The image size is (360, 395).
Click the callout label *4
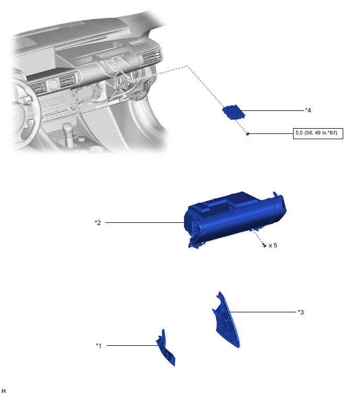(x=308, y=110)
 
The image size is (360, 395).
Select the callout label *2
(x=98, y=222)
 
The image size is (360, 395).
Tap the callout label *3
(x=300, y=312)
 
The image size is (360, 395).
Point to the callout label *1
(x=99, y=345)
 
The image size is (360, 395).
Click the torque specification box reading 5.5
(x=318, y=133)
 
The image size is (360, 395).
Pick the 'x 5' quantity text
(x=273, y=245)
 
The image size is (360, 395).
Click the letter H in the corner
(x=3, y=391)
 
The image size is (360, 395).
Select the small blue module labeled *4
(x=233, y=112)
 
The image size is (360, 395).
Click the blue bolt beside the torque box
(x=248, y=134)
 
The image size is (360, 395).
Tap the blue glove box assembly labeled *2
(x=235, y=219)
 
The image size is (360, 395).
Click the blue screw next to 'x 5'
(x=264, y=245)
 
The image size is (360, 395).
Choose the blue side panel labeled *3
(x=226, y=320)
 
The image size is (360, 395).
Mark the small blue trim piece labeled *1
(x=165, y=347)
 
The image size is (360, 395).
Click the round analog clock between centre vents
(x=53, y=84)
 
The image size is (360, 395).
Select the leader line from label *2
(x=144, y=222)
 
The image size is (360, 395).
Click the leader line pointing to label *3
(x=263, y=312)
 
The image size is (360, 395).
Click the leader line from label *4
(x=273, y=110)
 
